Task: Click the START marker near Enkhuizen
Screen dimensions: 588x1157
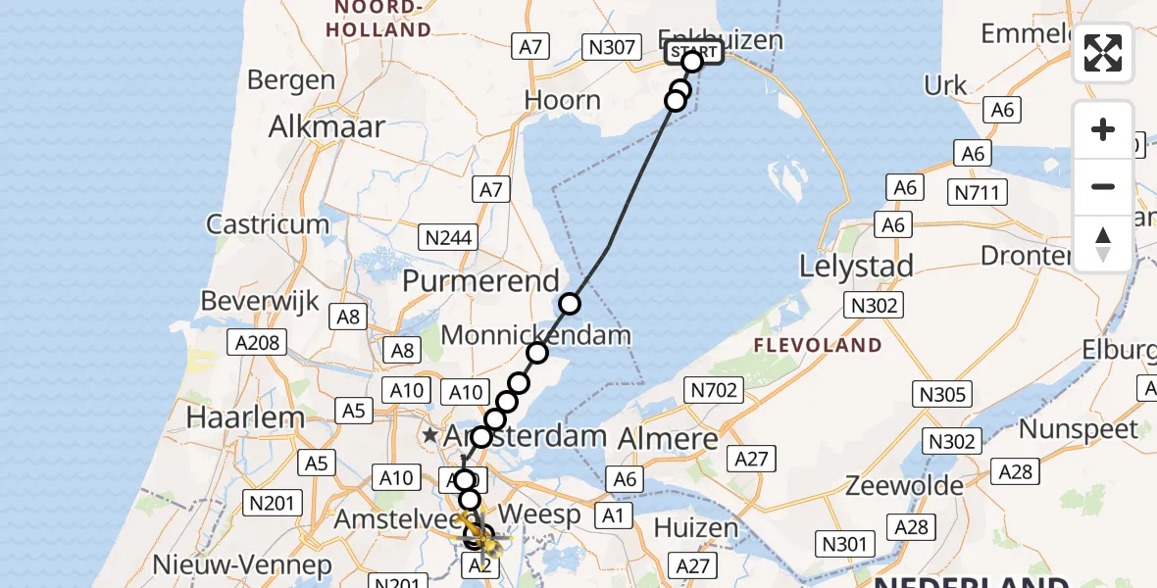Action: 694,53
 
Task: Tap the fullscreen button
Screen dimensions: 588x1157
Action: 1103,53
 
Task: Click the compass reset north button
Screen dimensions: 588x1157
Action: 1103,243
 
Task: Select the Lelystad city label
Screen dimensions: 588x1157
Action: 857,266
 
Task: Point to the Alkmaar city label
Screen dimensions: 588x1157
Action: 327,126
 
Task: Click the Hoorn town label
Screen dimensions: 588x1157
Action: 563,100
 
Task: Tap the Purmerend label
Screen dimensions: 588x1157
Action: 480,280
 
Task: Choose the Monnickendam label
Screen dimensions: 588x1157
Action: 536,335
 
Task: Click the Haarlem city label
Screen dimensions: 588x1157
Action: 245,417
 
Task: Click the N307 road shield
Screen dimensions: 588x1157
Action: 609,46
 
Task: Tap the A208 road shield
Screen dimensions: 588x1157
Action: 258,343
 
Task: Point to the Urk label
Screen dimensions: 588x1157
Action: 945,86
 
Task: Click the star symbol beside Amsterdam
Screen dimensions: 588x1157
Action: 429,434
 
